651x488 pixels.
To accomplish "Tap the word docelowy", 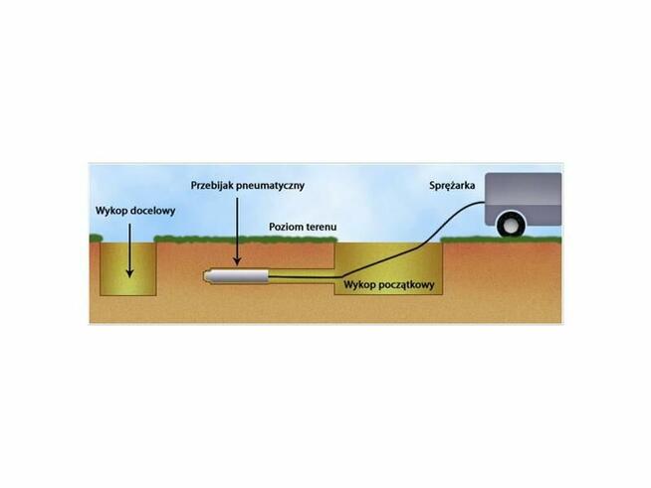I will (x=153, y=212).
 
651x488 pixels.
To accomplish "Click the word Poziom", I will (x=287, y=228).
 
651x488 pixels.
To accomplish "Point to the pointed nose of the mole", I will (x=207, y=276).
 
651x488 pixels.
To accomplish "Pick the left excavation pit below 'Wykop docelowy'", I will (x=129, y=268).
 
